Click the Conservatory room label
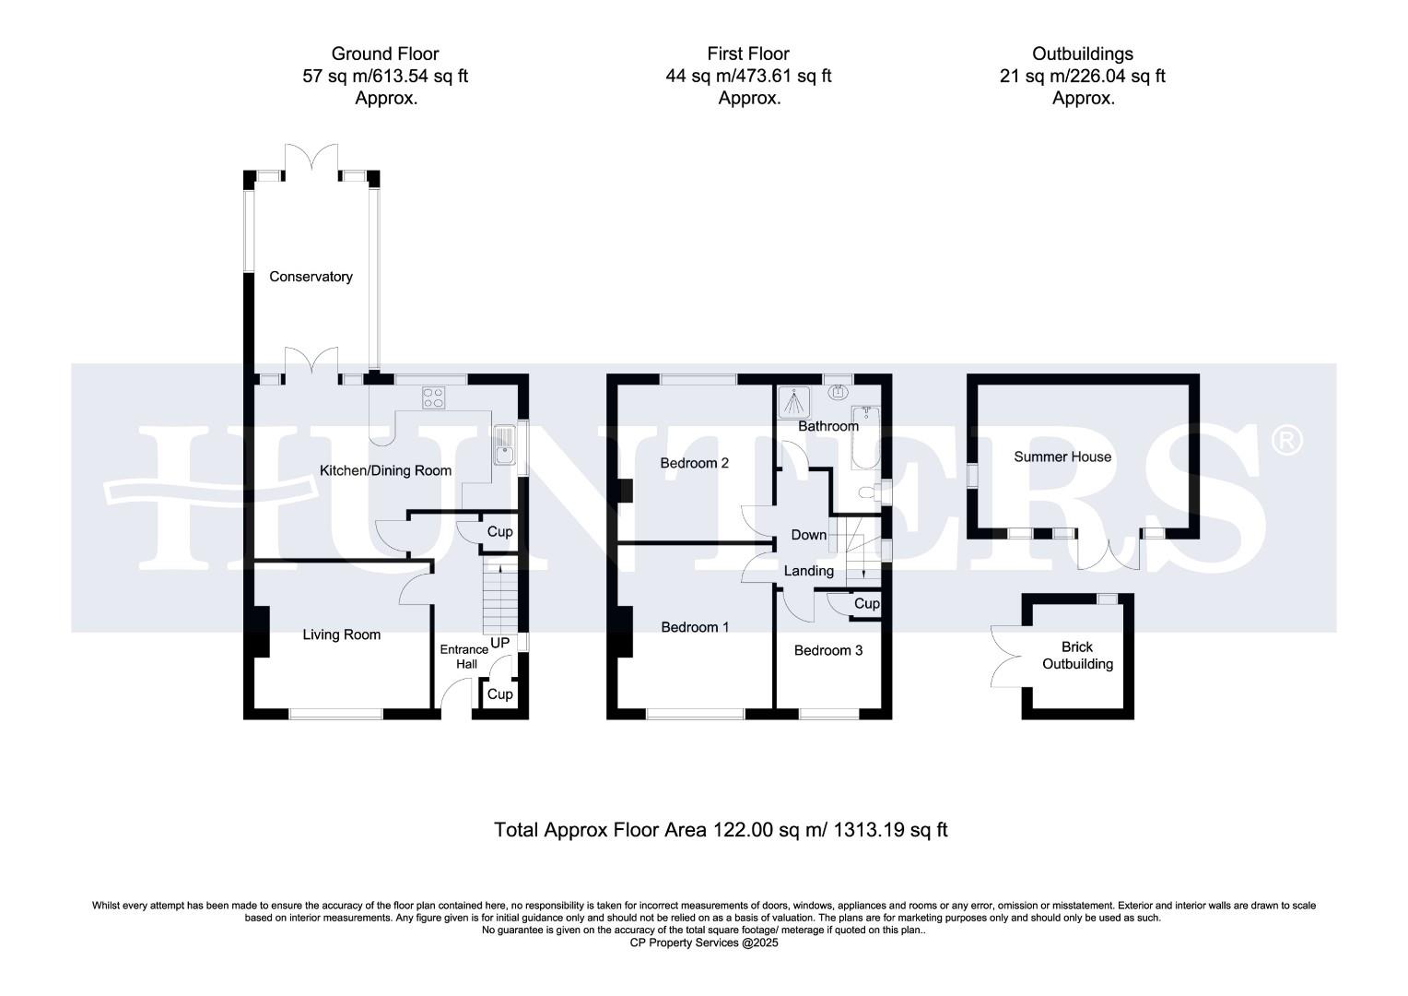click(x=311, y=277)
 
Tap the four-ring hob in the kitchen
click(x=433, y=397)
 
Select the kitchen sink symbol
click(x=504, y=445)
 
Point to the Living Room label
click(x=341, y=634)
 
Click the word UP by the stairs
click(x=499, y=643)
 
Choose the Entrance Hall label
click(x=463, y=657)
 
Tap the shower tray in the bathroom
click(x=794, y=402)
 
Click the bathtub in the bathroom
click(x=865, y=437)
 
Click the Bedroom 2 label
click(x=694, y=463)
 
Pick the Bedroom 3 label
click(x=827, y=650)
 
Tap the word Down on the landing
click(x=808, y=535)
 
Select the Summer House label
click(x=1062, y=456)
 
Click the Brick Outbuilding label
click(x=1077, y=655)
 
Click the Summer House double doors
click(x=1109, y=551)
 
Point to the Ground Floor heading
click(x=384, y=53)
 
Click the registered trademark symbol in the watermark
click(x=1286, y=440)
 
